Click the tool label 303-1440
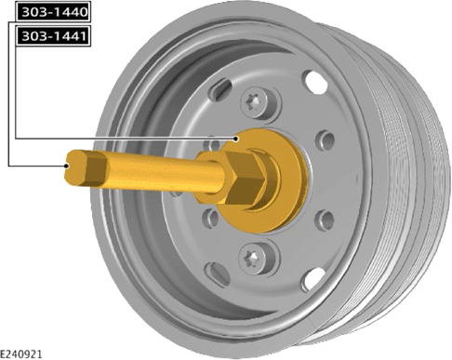53,12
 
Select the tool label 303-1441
53,36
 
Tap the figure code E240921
20,354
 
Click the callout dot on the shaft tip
66,166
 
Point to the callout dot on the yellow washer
236,139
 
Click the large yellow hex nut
245,178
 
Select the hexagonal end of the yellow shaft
86,167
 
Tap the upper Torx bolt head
254,102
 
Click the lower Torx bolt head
253,259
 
